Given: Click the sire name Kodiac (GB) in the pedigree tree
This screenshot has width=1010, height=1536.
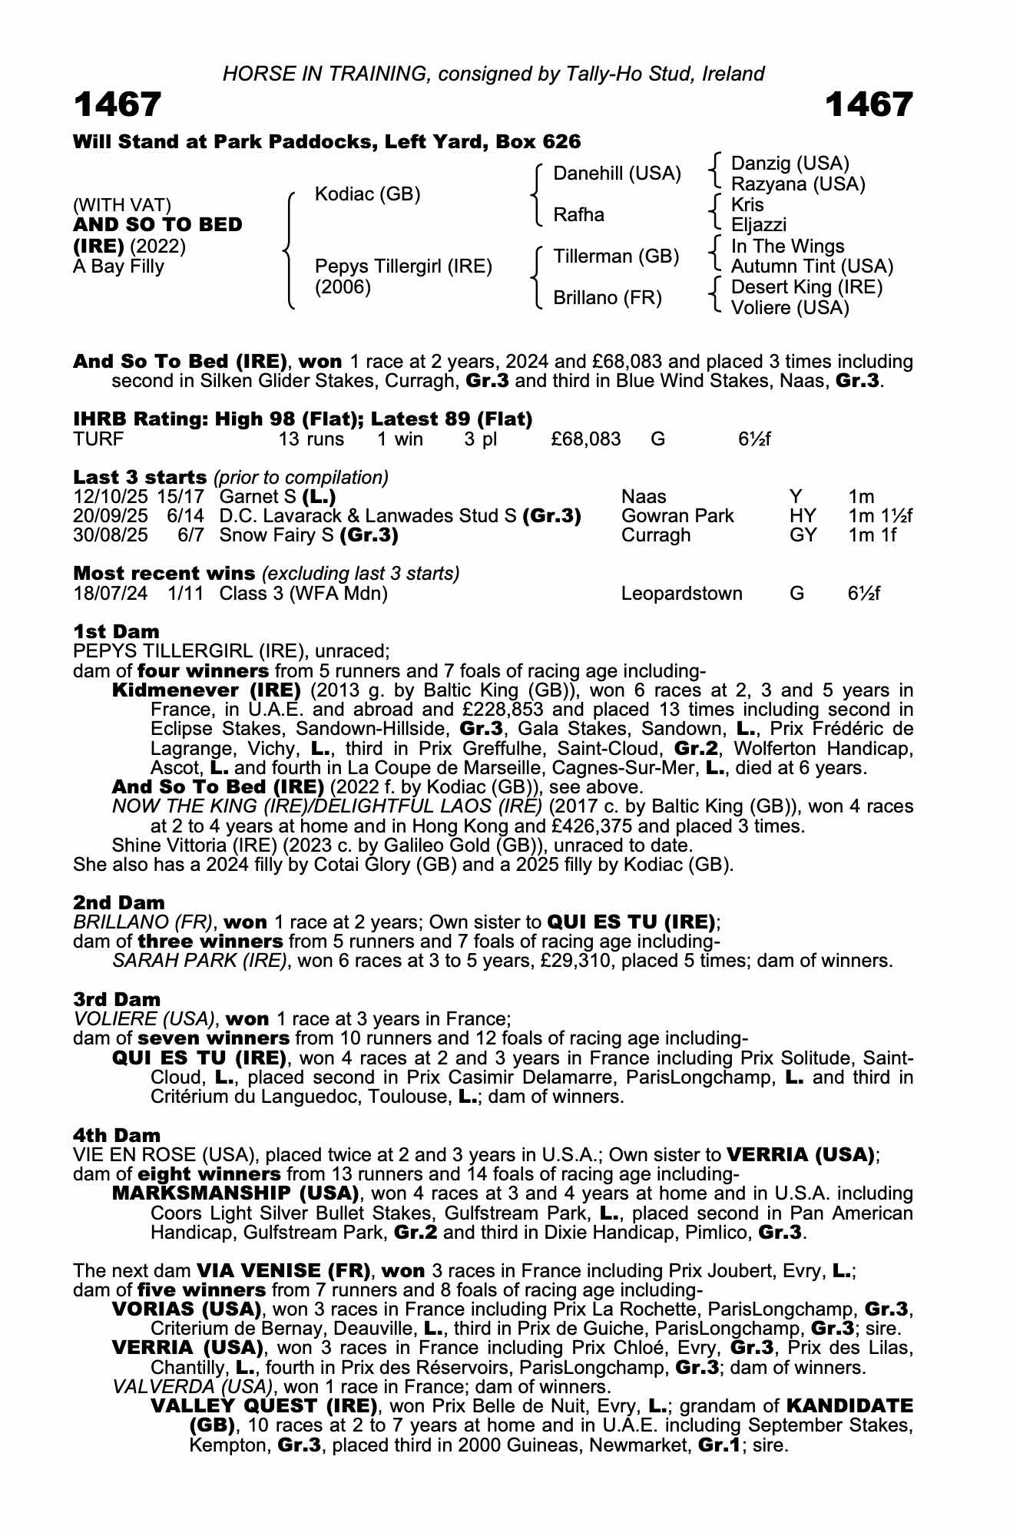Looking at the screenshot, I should coord(367,194).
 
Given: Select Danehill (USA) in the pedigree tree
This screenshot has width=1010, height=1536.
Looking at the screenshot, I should coord(617,174).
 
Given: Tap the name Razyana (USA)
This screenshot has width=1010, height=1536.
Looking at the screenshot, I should coord(797,184).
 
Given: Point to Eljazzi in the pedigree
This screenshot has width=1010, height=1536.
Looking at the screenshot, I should coord(758,226).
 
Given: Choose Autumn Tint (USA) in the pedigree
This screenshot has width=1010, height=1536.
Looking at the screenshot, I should coord(811,266).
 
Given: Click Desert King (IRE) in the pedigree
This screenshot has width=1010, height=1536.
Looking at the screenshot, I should coord(806,287).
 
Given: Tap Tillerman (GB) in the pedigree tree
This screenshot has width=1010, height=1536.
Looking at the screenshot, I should coord(616,257).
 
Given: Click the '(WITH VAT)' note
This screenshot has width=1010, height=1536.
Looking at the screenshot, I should coord(122,205).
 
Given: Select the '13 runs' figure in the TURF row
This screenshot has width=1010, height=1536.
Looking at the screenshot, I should coord(311,439).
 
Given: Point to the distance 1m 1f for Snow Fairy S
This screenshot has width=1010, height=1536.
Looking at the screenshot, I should coord(872,535).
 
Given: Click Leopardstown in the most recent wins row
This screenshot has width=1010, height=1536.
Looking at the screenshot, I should coord(681,594).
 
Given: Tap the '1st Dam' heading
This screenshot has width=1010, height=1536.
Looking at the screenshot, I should coord(116,631).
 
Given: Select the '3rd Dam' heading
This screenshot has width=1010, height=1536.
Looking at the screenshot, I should coord(117,999).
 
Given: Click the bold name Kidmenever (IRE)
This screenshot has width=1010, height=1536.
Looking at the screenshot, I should coord(206,690).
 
